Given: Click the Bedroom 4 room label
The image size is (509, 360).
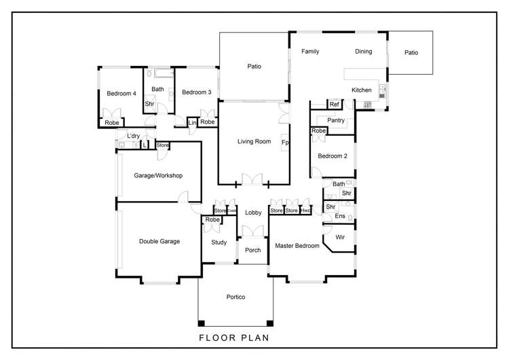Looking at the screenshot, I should (x=121, y=93).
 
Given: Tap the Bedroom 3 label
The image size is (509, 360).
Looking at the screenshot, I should (x=196, y=92).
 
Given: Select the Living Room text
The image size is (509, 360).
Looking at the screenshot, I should (x=254, y=142).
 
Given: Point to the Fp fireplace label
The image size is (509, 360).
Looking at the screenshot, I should (x=286, y=143).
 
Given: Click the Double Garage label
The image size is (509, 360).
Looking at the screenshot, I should (x=159, y=241).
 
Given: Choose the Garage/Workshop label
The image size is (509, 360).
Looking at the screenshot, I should (x=159, y=175).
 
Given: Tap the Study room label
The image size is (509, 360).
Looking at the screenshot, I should (x=219, y=242).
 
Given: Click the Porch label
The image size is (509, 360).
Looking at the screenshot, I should (x=253, y=251).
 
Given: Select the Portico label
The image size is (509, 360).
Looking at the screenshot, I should (x=235, y=298).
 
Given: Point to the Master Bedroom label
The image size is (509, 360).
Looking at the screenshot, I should (x=297, y=246).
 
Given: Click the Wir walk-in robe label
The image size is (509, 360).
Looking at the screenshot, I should (x=341, y=237).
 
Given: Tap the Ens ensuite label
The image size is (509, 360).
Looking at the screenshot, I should (x=340, y=217).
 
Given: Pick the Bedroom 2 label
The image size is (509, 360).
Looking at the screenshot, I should (x=333, y=156).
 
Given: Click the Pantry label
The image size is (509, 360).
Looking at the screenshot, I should (x=336, y=120).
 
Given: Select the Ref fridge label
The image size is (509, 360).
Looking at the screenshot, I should (x=334, y=105).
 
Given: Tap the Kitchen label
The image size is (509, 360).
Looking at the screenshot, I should (x=361, y=90).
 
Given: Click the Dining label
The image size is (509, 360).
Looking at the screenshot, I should (x=363, y=52).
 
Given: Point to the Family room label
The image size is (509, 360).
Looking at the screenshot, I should (x=311, y=52).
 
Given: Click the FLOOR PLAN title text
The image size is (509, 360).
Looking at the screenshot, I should (x=234, y=337).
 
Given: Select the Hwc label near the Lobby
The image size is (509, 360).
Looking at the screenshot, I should (x=306, y=211).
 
